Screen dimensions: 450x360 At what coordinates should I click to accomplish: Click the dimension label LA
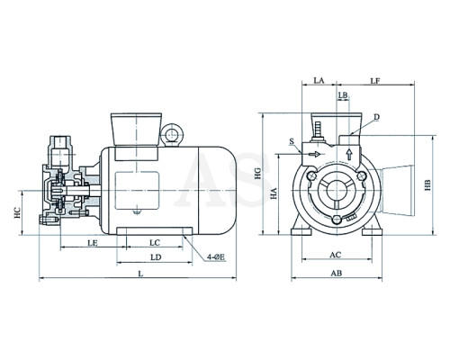point(319,80)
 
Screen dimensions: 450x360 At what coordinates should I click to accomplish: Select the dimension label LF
point(375,80)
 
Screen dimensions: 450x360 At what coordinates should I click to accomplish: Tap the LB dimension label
point(343,95)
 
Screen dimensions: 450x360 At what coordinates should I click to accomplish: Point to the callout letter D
point(377,117)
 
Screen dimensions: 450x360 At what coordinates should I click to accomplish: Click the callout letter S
point(292,141)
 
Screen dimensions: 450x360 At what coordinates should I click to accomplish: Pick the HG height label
point(258,174)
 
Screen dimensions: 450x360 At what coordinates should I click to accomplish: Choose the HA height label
point(274,193)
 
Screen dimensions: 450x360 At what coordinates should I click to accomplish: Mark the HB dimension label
point(427,185)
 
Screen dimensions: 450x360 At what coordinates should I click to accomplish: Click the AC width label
point(336,255)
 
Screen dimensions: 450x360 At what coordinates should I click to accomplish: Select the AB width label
point(336,274)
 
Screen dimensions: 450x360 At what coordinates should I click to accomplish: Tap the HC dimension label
point(18,212)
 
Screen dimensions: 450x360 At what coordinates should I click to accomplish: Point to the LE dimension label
point(93,242)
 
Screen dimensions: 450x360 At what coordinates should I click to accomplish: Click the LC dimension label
point(155,242)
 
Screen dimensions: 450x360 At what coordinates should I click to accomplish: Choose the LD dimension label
point(156,257)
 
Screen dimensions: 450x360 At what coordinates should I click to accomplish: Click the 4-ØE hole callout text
point(216,257)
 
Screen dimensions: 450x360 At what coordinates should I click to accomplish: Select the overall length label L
point(139,274)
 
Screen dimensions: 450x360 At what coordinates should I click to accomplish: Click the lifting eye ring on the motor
point(172,133)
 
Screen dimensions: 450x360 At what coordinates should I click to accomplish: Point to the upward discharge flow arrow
point(349,154)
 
